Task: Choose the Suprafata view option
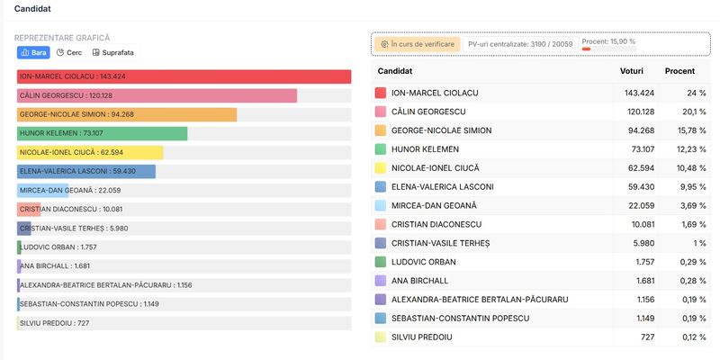tap(112, 53)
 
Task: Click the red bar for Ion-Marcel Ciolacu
tap(184, 76)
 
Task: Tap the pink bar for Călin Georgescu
tap(157, 95)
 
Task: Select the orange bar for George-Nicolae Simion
tap(127, 114)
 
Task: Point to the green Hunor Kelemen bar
tap(102, 133)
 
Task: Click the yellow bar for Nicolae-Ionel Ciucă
tap(90, 152)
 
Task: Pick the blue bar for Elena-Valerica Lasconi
tap(86, 171)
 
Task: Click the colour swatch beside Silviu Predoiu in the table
tap(380, 337)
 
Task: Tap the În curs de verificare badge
tap(417, 43)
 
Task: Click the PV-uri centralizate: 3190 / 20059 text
tap(520, 43)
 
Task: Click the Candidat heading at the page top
tap(32, 9)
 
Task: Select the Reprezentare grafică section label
tap(62, 38)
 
